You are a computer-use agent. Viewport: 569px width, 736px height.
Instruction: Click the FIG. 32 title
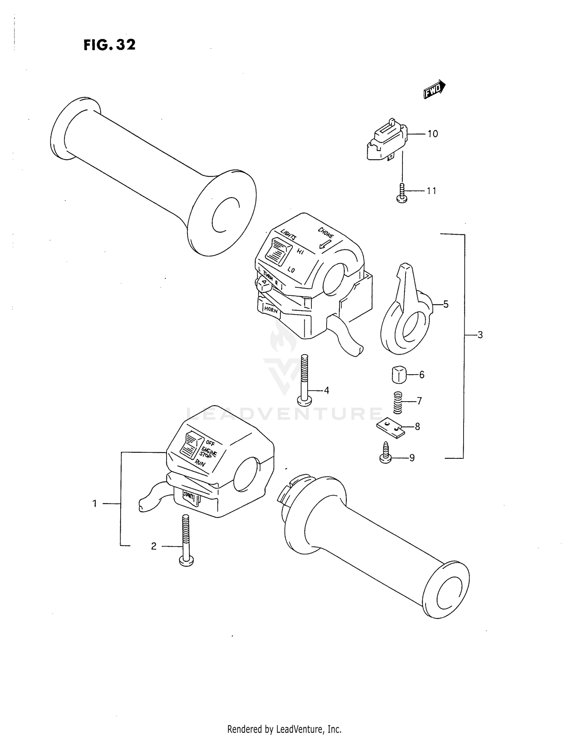click(x=109, y=45)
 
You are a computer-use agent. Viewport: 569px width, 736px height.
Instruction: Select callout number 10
click(x=432, y=134)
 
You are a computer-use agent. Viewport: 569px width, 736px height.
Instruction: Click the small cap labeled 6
click(x=398, y=374)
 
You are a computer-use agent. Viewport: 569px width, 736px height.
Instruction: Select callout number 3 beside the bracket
click(x=480, y=335)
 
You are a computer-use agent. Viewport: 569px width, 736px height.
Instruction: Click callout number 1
click(x=95, y=504)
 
